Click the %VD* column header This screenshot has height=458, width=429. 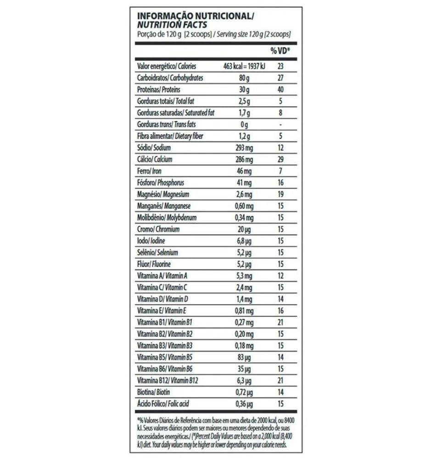(280, 50)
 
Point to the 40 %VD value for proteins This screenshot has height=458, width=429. (280, 89)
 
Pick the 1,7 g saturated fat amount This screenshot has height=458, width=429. (243, 113)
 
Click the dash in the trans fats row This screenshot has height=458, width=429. (280, 125)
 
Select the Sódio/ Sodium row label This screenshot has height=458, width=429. (154, 148)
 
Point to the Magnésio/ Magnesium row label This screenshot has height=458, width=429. (163, 195)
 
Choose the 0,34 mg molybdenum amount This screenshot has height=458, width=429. (243, 218)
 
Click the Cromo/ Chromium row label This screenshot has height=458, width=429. (158, 229)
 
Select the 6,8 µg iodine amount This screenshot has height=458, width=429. (243, 241)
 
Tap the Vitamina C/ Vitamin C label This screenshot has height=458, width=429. (162, 288)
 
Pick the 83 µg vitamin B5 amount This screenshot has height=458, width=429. (243, 357)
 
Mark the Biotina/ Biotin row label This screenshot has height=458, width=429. (154, 392)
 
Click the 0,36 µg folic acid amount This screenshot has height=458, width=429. (243, 404)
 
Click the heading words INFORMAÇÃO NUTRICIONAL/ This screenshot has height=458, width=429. (195, 16)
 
